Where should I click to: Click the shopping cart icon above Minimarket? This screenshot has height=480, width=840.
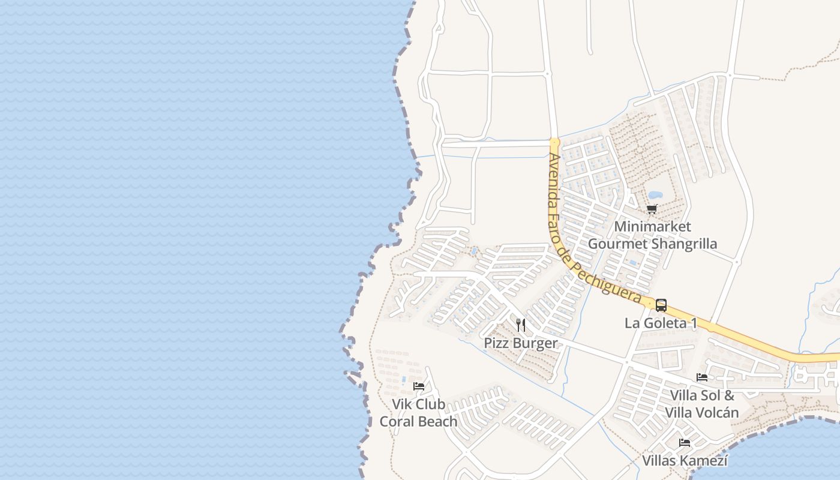pyautogui.click(x=652, y=209)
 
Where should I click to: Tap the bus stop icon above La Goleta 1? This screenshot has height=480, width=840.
pyautogui.click(x=661, y=305)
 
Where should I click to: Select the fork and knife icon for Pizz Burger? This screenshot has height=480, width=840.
pyautogui.click(x=521, y=325)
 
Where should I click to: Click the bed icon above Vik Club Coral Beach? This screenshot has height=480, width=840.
pyautogui.click(x=419, y=386)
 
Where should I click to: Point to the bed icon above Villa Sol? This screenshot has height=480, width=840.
pyautogui.click(x=701, y=377)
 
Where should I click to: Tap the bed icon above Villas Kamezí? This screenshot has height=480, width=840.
pyautogui.click(x=685, y=443)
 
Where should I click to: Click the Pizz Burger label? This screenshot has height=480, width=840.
pyautogui.click(x=521, y=343)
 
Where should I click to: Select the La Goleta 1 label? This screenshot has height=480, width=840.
pyautogui.click(x=661, y=323)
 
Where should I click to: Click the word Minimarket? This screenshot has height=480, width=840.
pyautogui.click(x=652, y=227)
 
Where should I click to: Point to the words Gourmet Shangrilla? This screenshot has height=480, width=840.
pyautogui.click(x=652, y=244)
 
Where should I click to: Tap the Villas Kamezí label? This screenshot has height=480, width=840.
pyautogui.click(x=685, y=461)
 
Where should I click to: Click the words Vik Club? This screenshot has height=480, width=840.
pyautogui.click(x=419, y=404)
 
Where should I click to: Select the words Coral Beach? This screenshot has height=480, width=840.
pyautogui.click(x=419, y=421)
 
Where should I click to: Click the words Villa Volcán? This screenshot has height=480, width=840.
pyautogui.click(x=701, y=413)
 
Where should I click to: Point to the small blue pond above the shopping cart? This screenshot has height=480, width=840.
pyautogui.click(x=655, y=195)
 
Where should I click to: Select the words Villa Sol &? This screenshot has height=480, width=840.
pyautogui.click(x=701, y=395)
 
